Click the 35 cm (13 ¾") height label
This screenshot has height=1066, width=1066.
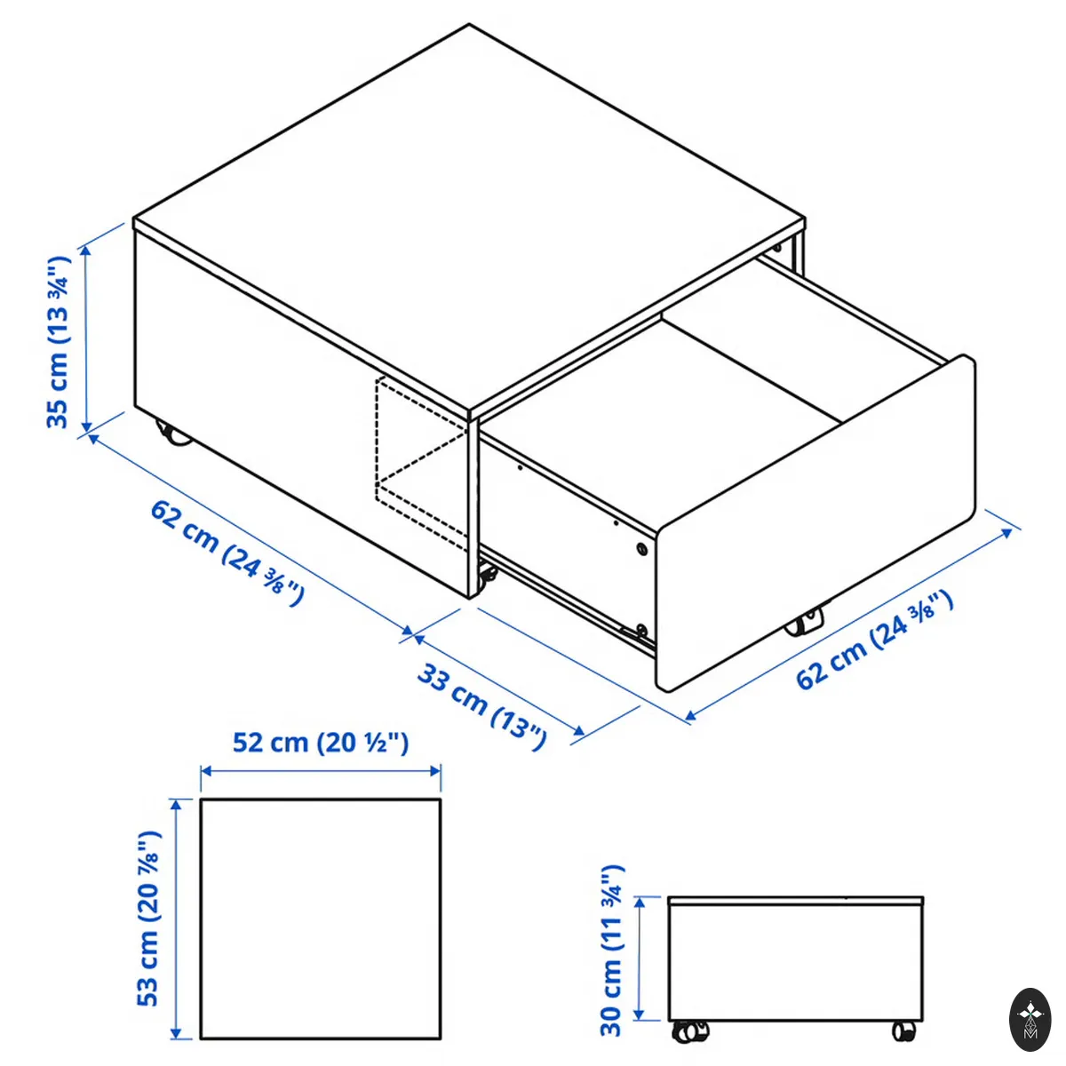coord(59,342)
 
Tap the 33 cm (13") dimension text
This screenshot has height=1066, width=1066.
coord(481,707)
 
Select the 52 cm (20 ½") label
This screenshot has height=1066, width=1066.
coord(321,743)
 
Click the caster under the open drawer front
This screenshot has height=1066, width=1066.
coord(805,622)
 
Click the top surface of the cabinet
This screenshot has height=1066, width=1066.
coord(469,219)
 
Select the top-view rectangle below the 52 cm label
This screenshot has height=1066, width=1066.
coord(321,919)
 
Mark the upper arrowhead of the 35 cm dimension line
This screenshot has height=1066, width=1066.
coord(86,251)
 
